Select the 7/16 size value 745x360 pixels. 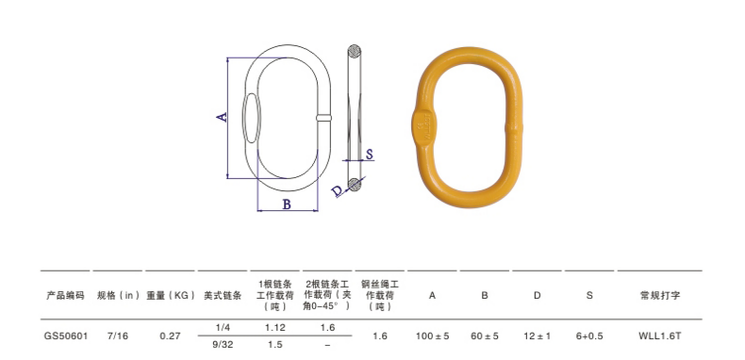tap(120, 335)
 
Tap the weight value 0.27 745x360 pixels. tap(170, 335)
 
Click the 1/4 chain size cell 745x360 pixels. tap(223, 326)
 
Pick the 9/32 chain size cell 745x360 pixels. tap(223, 345)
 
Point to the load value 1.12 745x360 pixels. tap(274, 326)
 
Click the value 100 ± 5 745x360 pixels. tap(433, 335)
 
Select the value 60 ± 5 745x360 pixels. tap(485, 335)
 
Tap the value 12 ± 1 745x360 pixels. tap(537, 335)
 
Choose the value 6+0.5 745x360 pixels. tap(589, 335)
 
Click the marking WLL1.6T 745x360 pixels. tap(660, 335)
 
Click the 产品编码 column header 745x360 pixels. tap(65, 295)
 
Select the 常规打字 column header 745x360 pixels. tap(660, 295)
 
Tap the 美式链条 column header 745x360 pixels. tap(223, 295)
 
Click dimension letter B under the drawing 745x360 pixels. tap(287, 204)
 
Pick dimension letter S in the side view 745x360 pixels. tap(370, 155)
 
